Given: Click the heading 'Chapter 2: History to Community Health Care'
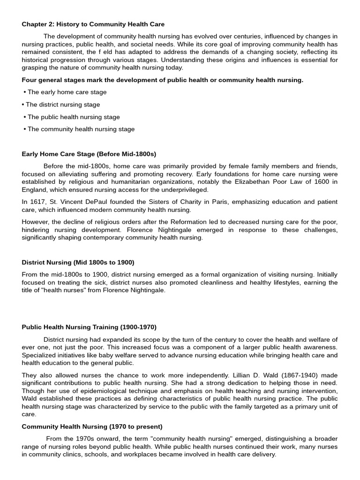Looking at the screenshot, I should point(93,24).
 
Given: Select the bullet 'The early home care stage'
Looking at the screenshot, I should point(67,92).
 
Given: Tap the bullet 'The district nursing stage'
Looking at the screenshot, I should point(62,105).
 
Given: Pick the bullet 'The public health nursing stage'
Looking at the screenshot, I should point(73,117).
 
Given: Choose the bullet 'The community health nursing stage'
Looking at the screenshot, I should point(81,129).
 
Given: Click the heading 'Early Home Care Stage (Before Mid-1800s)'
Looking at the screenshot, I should point(89,154).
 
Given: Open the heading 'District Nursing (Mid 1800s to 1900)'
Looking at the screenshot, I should point(78,262).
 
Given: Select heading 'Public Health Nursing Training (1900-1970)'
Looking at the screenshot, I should point(89,327).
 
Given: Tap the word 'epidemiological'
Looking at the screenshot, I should point(96,391).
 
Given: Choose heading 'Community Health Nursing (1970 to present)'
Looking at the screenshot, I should point(92,427).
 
